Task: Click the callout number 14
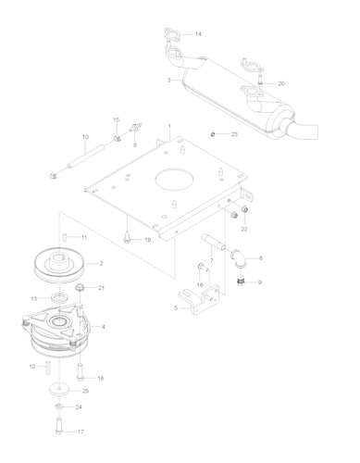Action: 198,34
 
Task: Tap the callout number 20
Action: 281,84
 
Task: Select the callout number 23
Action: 235,135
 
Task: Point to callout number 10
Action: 84,138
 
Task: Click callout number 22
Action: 244,228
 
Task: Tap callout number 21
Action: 102,288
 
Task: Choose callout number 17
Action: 81,432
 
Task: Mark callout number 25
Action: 85,391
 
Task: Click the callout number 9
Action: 260,282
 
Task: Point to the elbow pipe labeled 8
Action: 239,258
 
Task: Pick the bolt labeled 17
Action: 60,430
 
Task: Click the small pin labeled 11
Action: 64,237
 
